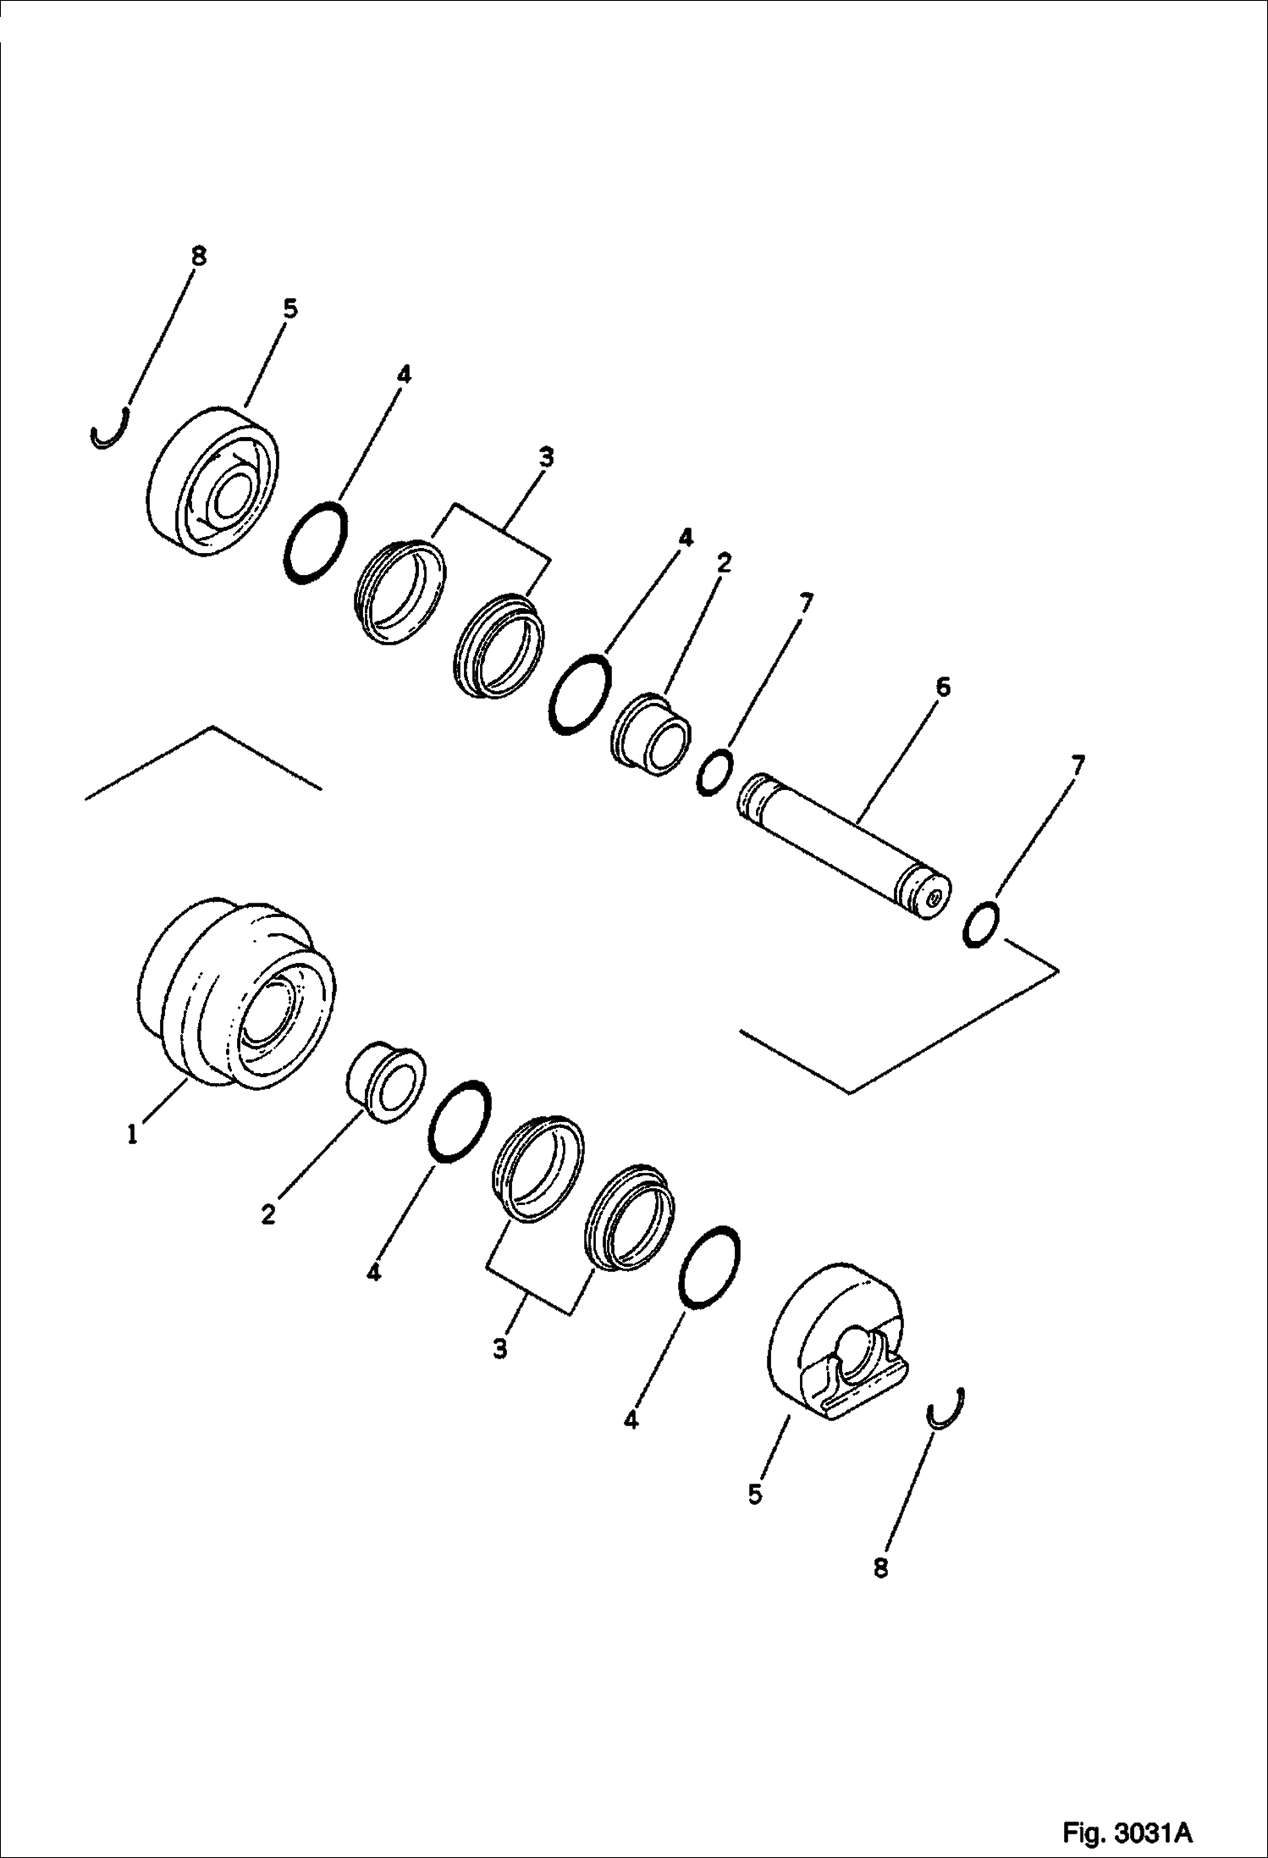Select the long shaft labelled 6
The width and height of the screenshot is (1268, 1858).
844,844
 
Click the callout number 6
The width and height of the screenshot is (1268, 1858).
943,686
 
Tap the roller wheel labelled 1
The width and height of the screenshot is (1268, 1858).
236,993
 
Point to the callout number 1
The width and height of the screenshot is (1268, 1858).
133,1134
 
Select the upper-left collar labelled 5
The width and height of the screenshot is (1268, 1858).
212,482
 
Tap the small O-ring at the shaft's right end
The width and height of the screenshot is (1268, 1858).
982,925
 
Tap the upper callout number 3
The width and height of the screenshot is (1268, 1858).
547,458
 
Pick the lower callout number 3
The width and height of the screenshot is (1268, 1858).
500,1348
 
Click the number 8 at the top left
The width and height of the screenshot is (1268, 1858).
198,257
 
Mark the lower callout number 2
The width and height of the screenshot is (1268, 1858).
268,1214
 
